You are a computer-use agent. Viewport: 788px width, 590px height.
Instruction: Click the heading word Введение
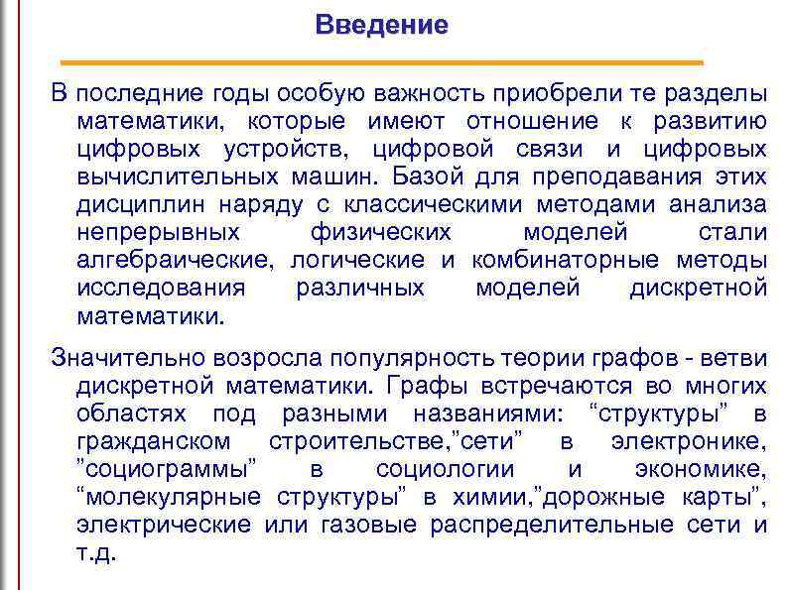tap(382, 25)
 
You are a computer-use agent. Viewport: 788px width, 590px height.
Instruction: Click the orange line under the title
tap(382, 62)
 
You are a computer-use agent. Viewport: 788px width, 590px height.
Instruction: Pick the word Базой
tap(428, 177)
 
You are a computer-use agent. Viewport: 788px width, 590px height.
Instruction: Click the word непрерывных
tap(159, 233)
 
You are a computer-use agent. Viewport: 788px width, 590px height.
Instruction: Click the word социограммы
tap(168, 468)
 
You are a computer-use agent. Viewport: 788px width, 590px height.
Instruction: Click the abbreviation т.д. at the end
tap(96, 552)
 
